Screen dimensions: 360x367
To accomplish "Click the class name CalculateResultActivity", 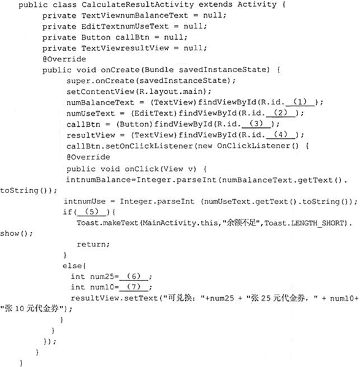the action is (x=137, y=5).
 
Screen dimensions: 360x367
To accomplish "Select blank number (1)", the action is (x=300, y=102).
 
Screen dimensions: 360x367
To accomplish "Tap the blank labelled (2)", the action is (x=281, y=113).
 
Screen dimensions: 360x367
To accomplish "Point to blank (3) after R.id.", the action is (x=256, y=124).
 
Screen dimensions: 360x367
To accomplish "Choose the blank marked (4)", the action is (x=281, y=135).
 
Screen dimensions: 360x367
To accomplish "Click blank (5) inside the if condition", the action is (x=91, y=212).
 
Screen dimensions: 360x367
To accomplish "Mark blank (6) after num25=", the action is (x=134, y=277).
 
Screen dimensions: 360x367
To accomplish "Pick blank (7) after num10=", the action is (x=134, y=287).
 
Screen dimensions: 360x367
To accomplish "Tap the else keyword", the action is (x=72, y=266).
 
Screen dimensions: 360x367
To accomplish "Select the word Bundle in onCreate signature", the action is (x=159, y=70).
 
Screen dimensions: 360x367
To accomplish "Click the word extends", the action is (x=215, y=5).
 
